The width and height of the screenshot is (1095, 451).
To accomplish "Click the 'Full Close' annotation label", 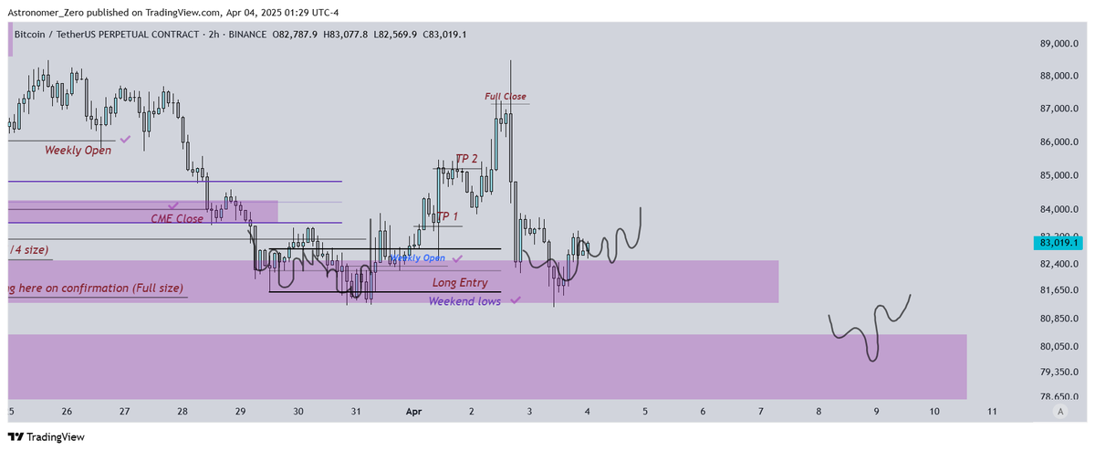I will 505,96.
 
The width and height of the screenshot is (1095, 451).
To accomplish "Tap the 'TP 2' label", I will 466,159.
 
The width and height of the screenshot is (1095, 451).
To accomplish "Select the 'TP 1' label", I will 446,216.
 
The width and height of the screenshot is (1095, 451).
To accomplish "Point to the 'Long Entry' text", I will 460,283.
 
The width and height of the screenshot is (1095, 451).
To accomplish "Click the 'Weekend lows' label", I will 464,300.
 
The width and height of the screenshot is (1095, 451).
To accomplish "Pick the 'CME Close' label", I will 177,219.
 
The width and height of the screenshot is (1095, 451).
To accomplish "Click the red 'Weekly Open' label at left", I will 78,150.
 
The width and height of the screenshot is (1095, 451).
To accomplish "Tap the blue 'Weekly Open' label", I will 419,258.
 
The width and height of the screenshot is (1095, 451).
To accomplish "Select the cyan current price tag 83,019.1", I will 1058,242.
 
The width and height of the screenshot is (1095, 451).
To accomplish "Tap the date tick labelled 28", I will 182,412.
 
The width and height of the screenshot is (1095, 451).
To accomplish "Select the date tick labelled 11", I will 992,412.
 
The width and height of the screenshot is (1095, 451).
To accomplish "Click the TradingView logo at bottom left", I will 46,437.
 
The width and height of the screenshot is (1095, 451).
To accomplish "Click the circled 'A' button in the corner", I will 1059,412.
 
